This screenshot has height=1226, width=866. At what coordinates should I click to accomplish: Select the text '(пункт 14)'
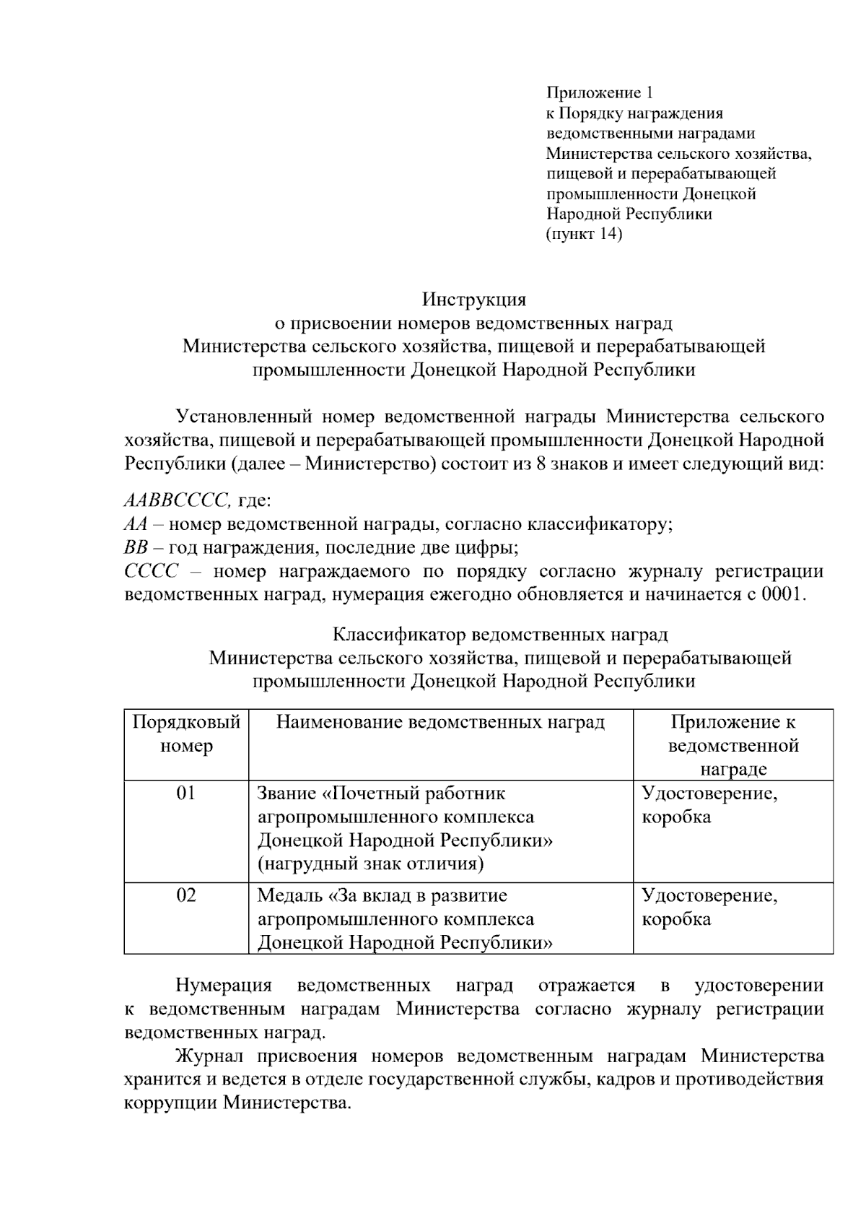click(584, 234)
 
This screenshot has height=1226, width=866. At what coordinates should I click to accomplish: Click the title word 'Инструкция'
click(474, 299)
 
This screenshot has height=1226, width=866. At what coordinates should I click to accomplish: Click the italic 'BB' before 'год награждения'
click(136, 548)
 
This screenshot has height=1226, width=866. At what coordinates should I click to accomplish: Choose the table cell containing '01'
click(186, 794)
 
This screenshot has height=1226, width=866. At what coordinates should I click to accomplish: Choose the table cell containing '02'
click(186, 895)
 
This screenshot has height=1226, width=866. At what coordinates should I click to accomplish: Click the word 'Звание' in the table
click(287, 794)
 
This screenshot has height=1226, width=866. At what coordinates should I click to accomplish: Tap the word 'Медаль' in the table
click(291, 895)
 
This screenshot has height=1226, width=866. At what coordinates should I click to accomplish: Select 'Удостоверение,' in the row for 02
click(709, 895)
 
